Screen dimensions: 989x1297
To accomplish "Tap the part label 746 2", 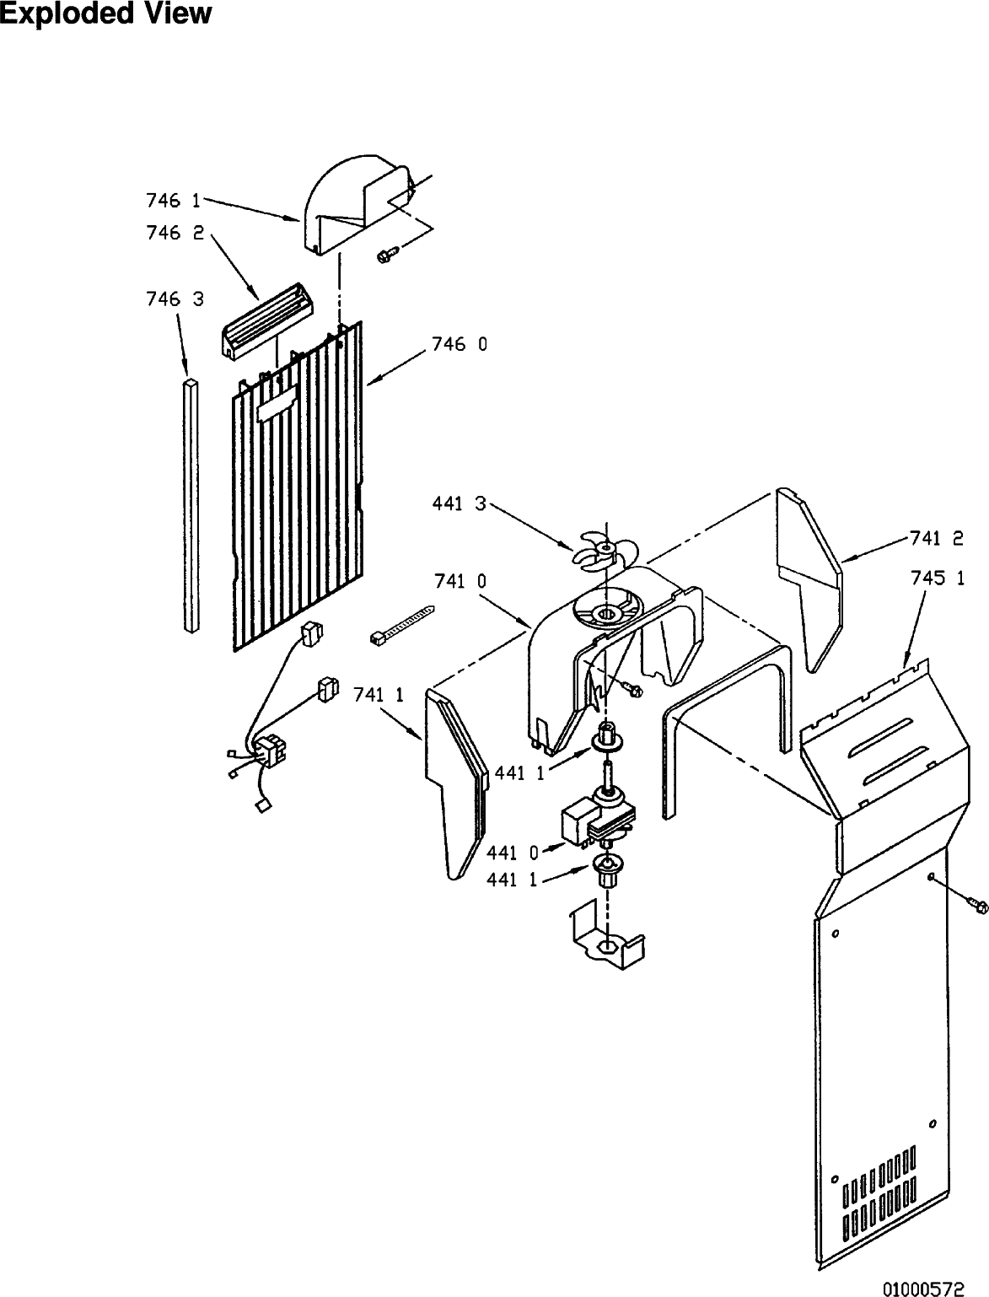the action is [x=175, y=233].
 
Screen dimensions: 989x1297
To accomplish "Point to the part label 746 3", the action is [x=175, y=299].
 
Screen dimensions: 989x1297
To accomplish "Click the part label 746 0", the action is [x=460, y=344].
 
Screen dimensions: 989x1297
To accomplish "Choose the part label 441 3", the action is [x=459, y=503].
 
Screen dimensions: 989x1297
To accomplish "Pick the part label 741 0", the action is [x=460, y=581].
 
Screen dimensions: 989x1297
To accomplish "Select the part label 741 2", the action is [x=937, y=538].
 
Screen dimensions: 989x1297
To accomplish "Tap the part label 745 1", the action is [x=938, y=578].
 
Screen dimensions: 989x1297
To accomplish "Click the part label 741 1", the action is [x=379, y=695].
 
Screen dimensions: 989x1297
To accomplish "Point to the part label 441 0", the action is [x=513, y=853].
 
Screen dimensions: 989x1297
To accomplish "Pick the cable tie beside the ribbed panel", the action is [x=401, y=624].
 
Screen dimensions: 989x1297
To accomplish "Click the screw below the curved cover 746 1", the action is [x=387, y=254].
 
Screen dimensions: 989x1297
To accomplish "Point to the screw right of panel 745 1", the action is [x=976, y=905].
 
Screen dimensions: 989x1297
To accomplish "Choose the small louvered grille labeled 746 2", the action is [x=267, y=320].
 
